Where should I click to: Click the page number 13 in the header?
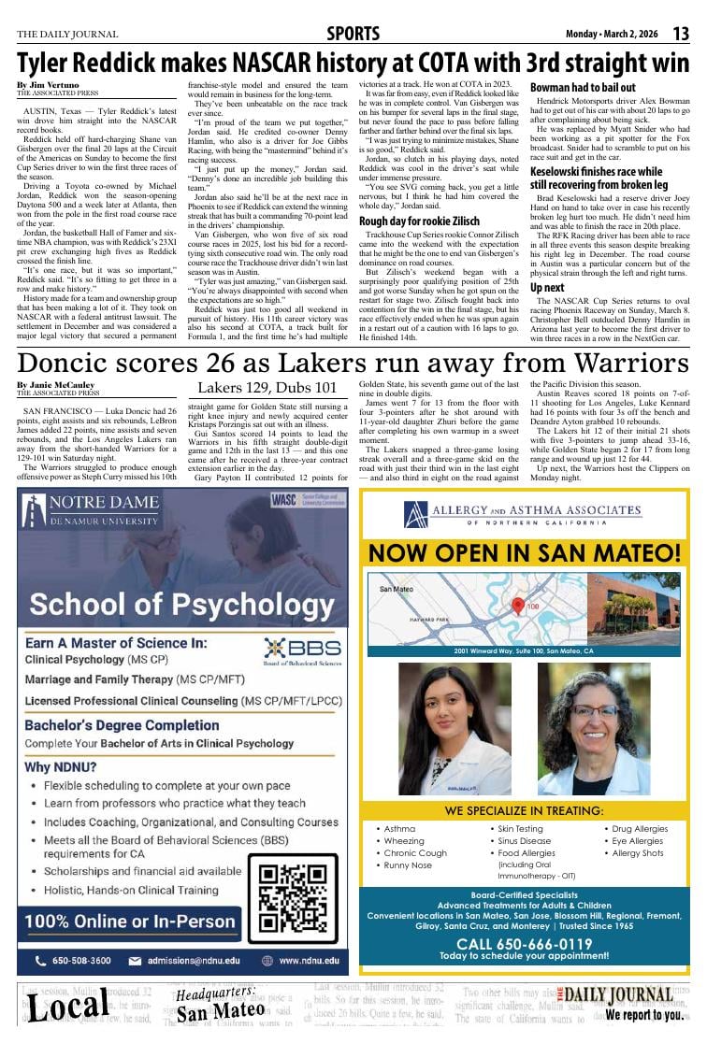coord(680,34)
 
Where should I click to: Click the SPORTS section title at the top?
coord(353,35)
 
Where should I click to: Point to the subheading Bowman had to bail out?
coord(583,87)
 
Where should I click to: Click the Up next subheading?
coord(547,288)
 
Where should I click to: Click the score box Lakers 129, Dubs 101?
coord(267,388)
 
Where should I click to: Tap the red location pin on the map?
coord(518,606)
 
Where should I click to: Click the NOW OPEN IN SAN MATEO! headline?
coord(525,552)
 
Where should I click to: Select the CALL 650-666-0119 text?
coord(524,944)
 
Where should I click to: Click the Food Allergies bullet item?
coord(526,853)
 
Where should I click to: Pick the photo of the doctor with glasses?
coord(593,729)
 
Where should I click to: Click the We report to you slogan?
coord(643,1015)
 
